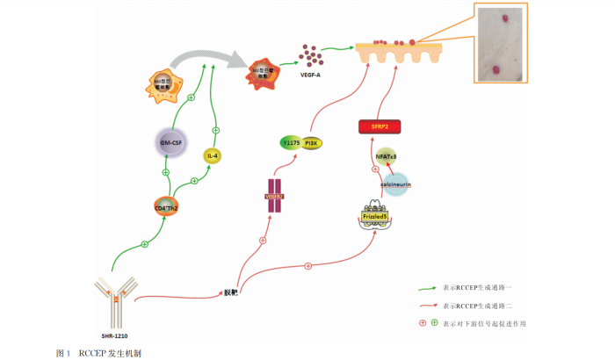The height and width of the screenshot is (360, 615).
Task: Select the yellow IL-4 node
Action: [212, 155]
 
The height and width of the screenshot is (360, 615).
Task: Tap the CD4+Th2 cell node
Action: [166, 208]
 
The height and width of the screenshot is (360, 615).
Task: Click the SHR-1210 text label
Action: [116, 335]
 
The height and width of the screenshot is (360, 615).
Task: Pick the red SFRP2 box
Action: [380, 127]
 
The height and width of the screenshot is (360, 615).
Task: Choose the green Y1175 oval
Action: [291, 142]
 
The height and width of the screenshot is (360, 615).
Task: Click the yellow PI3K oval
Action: [310, 142]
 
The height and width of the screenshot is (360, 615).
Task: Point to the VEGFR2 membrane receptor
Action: [275, 196]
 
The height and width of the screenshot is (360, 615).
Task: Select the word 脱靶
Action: [231, 291]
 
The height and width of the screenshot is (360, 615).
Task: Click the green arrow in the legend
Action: [427, 287]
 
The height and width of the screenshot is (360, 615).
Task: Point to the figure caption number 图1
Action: [62, 352]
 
